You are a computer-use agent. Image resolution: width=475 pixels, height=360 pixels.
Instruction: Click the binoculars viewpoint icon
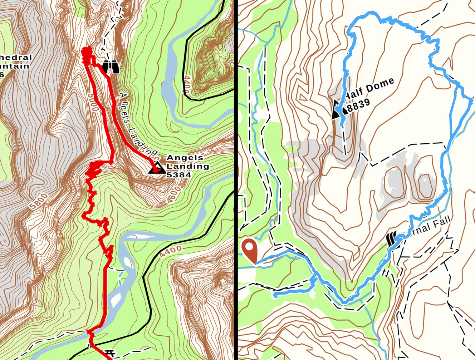pos(111,67)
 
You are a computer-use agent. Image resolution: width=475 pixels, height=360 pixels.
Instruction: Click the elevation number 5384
pos(179,175)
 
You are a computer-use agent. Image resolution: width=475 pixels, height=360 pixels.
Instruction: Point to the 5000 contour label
pos(92,102)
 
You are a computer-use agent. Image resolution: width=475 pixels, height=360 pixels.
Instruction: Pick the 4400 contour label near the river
pos(171,252)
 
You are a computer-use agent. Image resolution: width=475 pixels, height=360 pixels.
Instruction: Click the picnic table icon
pos(110,354)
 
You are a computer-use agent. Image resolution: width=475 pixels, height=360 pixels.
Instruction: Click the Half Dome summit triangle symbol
pos(336,110)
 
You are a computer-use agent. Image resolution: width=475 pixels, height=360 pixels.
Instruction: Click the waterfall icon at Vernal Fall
pos(392,239)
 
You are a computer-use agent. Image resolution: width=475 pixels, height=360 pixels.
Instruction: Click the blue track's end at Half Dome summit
pos(342,124)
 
